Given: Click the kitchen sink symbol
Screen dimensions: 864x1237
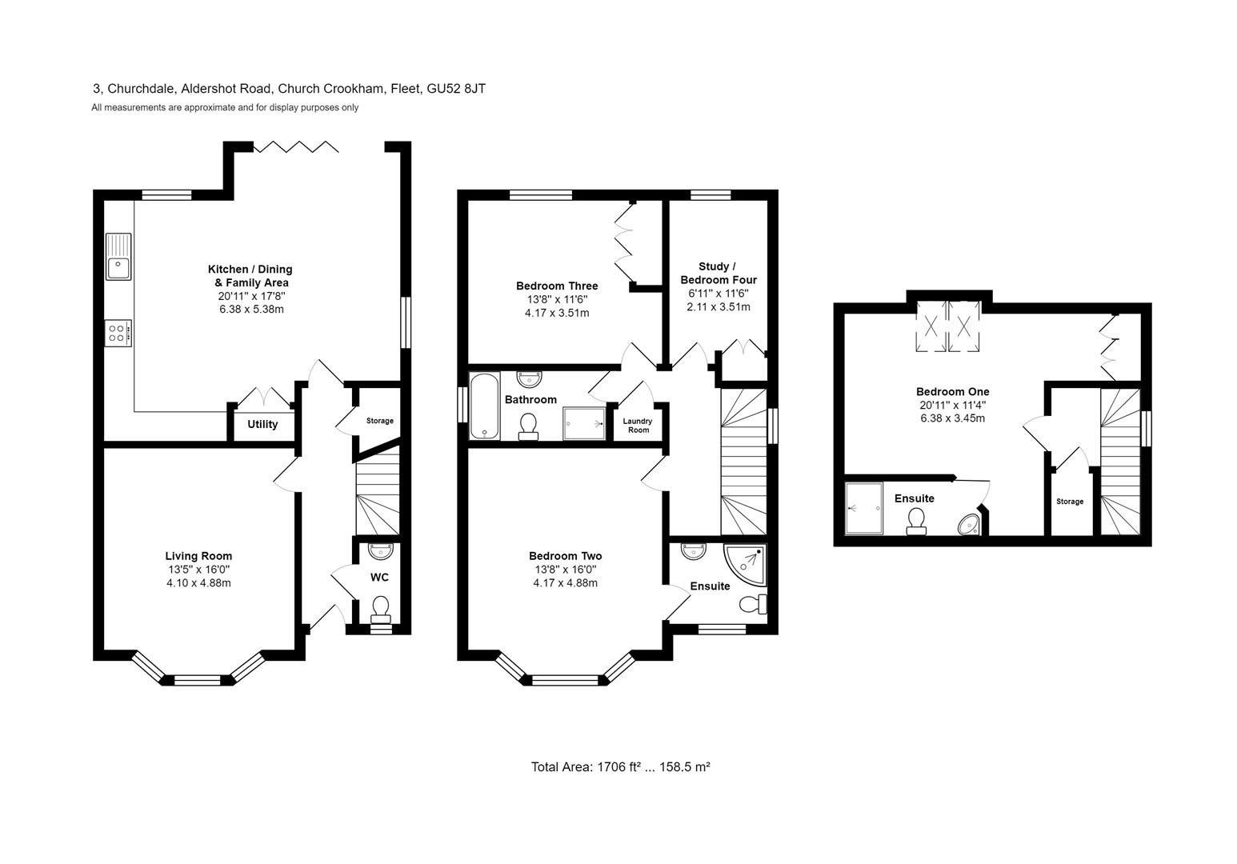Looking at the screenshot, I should pos(118,256).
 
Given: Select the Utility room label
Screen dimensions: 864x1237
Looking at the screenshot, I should pos(262,424).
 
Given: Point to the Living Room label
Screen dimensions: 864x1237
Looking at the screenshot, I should pos(198,556).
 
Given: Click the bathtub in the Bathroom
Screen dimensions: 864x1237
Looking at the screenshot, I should pos(484,406).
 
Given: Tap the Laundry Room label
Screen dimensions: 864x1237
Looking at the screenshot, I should pos(638,426).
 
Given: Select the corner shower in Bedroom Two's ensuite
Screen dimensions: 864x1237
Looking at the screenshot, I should pos(744,566).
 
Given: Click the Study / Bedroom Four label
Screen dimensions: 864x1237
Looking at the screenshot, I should pos(718,273).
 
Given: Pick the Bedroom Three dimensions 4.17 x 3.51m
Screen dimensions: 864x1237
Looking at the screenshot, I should pos(557,313).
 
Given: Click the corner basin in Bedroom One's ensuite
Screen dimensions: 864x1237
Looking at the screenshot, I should pos(969,524).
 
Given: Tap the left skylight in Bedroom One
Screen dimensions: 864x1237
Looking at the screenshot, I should pos(930,326).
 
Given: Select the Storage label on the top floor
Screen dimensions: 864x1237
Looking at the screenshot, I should pos(1070,502).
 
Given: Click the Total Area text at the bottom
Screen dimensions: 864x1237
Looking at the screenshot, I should pos(620,766).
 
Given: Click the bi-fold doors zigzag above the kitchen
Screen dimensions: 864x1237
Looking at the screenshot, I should pos(296,146).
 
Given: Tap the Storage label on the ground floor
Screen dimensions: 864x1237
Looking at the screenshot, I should pos(380,421).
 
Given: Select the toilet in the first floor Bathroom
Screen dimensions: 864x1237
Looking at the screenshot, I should pos(528,425).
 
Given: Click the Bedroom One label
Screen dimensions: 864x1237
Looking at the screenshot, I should pos(952,391).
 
